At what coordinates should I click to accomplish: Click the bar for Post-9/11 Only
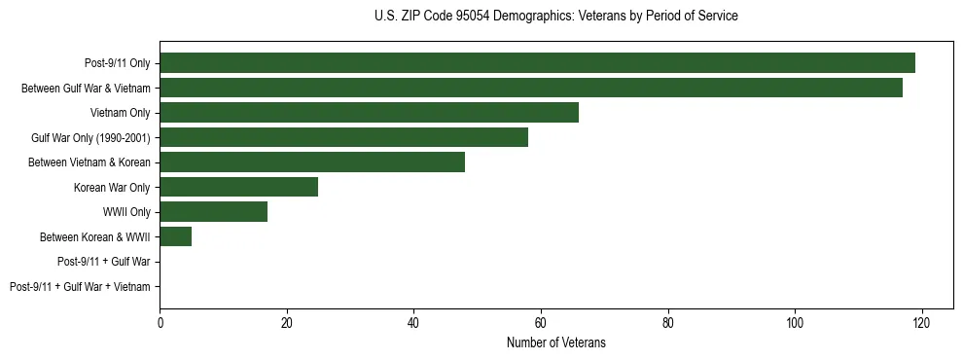[x=537, y=63]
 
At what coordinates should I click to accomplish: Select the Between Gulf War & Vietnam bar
[x=531, y=88]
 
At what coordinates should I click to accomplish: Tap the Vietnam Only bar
[x=369, y=113]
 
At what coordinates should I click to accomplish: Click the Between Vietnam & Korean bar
[x=312, y=162]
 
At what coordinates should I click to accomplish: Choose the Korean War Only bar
[x=238, y=187]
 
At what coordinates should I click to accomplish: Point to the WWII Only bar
[x=213, y=212]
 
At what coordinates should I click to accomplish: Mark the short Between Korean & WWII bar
[x=175, y=236]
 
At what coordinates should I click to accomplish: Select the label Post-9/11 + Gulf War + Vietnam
[x=80, y=287]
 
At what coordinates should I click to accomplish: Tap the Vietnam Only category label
[x=120, y=113]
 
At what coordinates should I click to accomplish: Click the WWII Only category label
[x=126, y=212]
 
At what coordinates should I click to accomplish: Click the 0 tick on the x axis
[x=160, y=323]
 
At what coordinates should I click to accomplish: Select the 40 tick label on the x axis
[x=413, y=323]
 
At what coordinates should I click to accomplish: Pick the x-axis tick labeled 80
[x=668, y=323]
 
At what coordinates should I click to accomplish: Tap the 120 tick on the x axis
[x=922, y=323]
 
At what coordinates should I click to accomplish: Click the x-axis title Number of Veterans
[x=555, y=342]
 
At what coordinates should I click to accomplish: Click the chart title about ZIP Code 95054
[x=555, y=17]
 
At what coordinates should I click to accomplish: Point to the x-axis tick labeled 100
[x=795, y=323]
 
